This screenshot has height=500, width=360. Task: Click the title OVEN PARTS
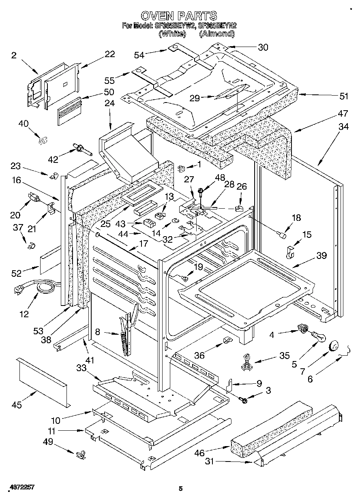(x=179, y=16)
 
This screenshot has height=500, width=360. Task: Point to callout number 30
(x=263, y=47)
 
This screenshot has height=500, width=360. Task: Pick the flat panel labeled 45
(x=42, y=380)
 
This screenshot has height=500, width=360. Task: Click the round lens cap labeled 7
(x=335, y=345)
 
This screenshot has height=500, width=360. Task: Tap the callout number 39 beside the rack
(x=321, y=256)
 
